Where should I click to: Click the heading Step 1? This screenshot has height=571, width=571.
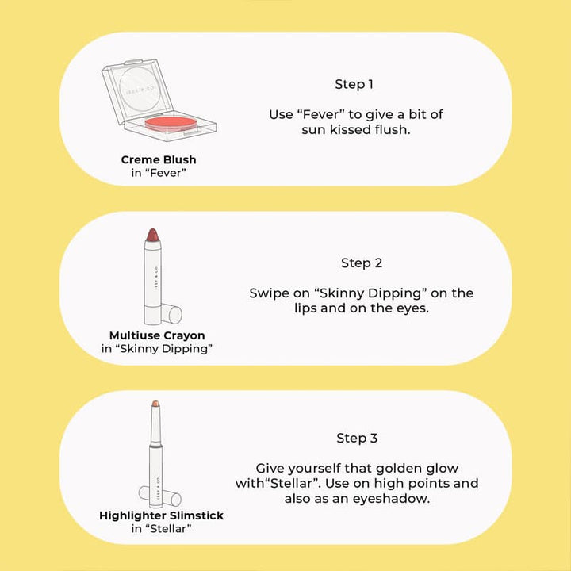354,85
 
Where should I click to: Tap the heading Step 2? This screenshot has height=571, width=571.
362,263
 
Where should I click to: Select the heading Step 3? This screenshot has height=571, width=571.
357,438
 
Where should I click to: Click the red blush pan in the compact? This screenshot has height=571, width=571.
171,124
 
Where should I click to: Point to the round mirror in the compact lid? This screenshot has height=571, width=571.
140,90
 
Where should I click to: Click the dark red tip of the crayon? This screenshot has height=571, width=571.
152,235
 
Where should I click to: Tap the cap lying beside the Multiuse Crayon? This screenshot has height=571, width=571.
171,313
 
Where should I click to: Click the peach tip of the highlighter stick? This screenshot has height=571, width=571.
155,404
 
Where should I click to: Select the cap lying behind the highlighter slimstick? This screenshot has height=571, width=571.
160,496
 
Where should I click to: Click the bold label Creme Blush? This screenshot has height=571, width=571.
159,159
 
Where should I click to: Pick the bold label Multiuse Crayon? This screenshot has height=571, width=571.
157,335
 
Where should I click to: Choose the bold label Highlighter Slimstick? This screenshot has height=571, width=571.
161,515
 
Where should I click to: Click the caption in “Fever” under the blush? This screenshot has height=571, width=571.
159,173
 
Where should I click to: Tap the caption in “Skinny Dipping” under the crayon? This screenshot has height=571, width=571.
157,349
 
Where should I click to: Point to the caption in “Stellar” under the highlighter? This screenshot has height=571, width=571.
161,528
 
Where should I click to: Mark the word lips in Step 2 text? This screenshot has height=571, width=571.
306,308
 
